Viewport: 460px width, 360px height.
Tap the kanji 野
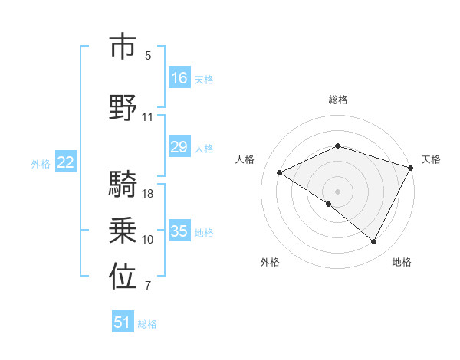tap(123, 107)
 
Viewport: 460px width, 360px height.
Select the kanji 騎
tap(123, 185)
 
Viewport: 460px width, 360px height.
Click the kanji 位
tap(123, 278)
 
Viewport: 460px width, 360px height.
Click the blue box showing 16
tap(179, 78)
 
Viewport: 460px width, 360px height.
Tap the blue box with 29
tap(179, 147)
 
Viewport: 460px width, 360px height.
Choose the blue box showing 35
tap(179, 231)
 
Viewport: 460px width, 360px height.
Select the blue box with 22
tap(66, 162)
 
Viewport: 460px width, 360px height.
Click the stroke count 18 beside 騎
tap(148, 193)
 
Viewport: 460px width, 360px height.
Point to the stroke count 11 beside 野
tap(148, 117)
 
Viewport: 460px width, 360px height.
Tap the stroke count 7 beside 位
tap(148, 286)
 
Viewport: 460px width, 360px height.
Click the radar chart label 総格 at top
tap(337, 100)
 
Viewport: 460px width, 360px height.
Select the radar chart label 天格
tap(431, 159)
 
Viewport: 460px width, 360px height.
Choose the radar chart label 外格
tap(270, 262)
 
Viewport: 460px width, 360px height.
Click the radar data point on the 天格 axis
tap(411, 168)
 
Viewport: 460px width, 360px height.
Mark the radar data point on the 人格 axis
tap(280, 172)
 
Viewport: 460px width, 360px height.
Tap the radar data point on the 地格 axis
tap(374, 241)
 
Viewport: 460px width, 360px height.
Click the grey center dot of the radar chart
tap(337, 191)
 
